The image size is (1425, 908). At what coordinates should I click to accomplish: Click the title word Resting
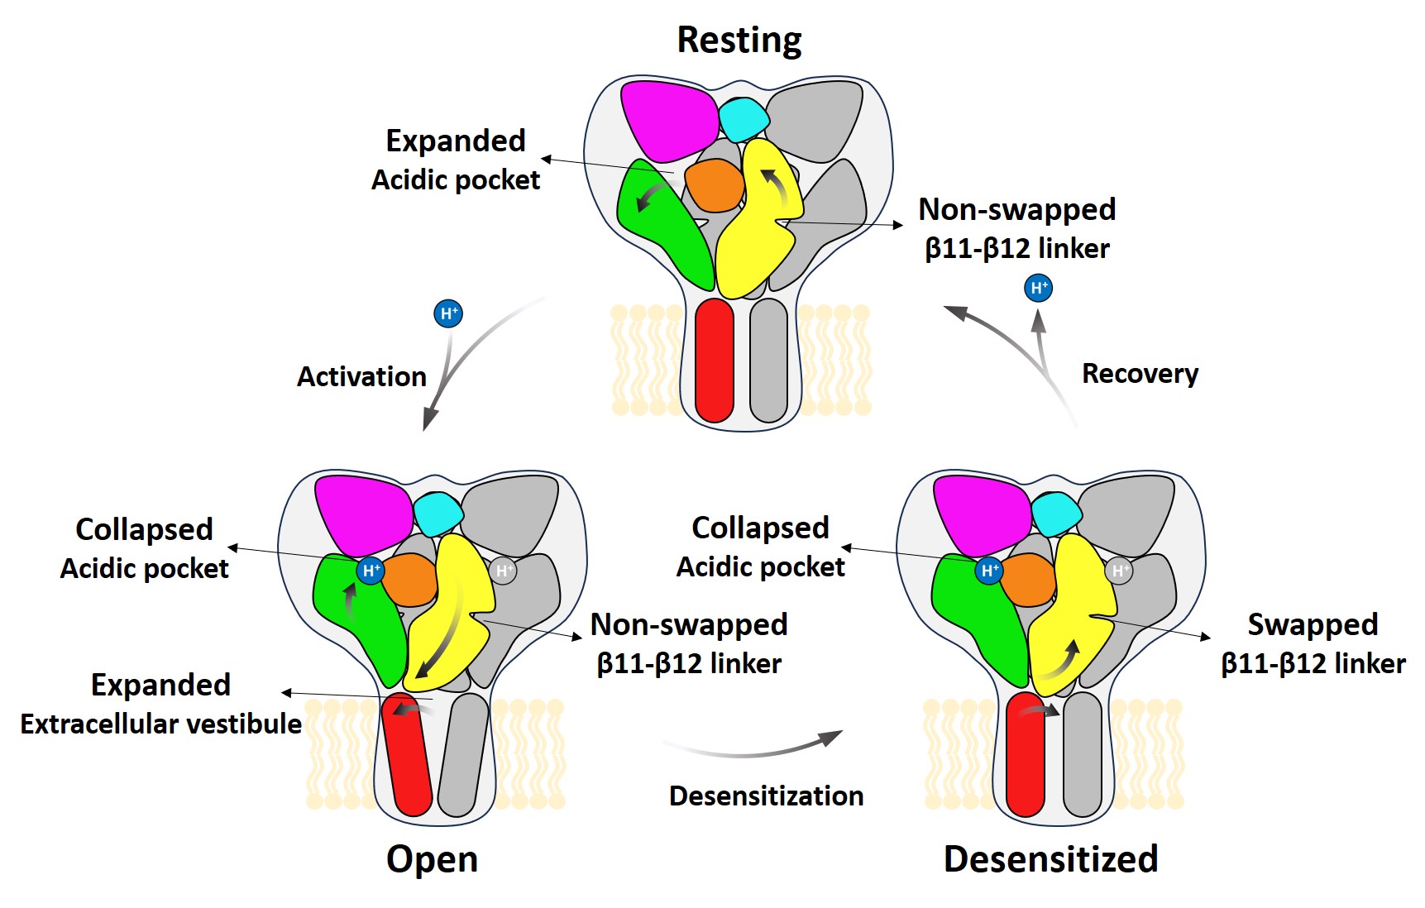coord(739,40)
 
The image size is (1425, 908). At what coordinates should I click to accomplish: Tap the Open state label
coord(432,859)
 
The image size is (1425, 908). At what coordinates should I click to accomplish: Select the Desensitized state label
coord(1050,859)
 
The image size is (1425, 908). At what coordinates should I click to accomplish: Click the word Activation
coord(361,377)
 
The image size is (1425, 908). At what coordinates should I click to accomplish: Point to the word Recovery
coord(1140,374)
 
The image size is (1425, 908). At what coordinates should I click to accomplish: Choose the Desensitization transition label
coord(766,796)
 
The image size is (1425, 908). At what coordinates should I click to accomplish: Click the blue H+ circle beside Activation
coord(448,313)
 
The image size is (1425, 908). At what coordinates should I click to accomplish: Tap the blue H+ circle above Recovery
coord(1039,288)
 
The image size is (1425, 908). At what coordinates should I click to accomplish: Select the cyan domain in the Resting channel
coord(744,118)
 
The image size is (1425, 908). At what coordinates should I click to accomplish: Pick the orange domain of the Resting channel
coord(715,185)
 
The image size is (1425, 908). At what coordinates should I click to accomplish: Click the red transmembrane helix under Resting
coord(715,361)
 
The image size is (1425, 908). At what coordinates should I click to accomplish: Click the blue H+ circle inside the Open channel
coord(371,570)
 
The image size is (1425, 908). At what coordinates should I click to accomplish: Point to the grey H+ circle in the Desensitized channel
coord(1119,571)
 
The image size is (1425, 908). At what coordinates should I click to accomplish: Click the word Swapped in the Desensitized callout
coord(1313,624)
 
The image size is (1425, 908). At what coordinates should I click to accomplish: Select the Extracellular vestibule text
coord(161,724)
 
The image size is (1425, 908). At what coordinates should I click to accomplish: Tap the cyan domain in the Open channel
coord(438,513)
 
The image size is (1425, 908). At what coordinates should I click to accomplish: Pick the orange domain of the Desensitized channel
coord(1028,579)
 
